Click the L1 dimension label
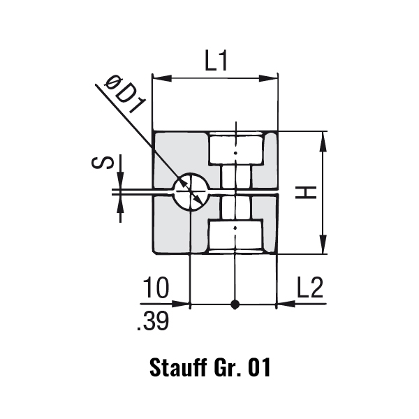coord(216,61)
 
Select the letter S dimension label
coord(103,163)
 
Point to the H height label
coord(306,193)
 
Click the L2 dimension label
coord(310,288)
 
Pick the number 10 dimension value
coord(156,288)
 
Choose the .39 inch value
coord(153,321)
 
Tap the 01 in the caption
coord(259,368)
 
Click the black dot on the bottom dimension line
coord(235,304)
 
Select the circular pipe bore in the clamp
coord(191,192)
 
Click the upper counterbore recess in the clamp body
coord(236,149)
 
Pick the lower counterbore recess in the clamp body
coord(236,236)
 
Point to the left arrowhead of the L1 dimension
coord(162,78)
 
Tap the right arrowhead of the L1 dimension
coord(268,78)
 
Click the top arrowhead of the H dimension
coord(323,142)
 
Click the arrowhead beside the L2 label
coord(286,304)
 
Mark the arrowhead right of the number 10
coord(180,304)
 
